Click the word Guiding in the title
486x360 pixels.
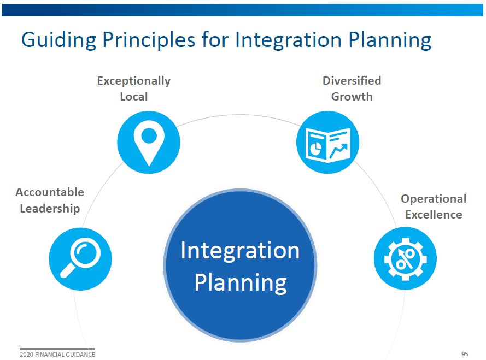coord(59,40)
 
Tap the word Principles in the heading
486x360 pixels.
coord(149,40)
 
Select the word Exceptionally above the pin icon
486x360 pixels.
coord(134,81)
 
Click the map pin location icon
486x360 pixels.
coord(149,146)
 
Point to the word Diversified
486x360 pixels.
coord(352,80)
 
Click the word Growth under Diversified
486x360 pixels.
coord(352,97)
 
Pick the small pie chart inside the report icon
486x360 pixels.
coord(316,149)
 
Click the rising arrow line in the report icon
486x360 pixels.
coord(338,151)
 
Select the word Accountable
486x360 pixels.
coord(50,192)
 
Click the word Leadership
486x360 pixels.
coord(50,209)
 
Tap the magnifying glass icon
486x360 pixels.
coord(80,258)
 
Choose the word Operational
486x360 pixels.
coord(434,199)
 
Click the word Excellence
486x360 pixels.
coord(434,214)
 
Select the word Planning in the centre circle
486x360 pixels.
coord(241,283)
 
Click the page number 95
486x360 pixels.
coord(465,354)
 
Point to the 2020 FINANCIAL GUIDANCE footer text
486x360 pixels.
coord(57,355)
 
